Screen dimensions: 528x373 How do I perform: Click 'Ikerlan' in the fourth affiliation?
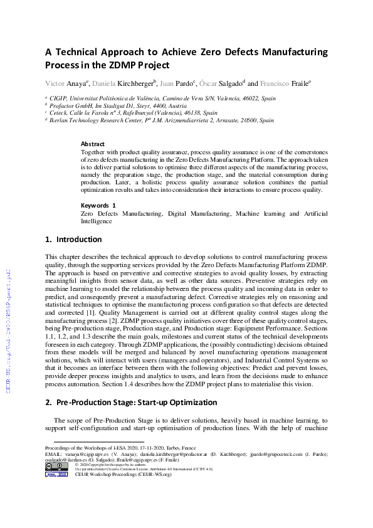61,120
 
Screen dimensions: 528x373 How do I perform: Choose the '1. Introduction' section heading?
73,240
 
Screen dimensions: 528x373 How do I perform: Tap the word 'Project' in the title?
152,65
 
